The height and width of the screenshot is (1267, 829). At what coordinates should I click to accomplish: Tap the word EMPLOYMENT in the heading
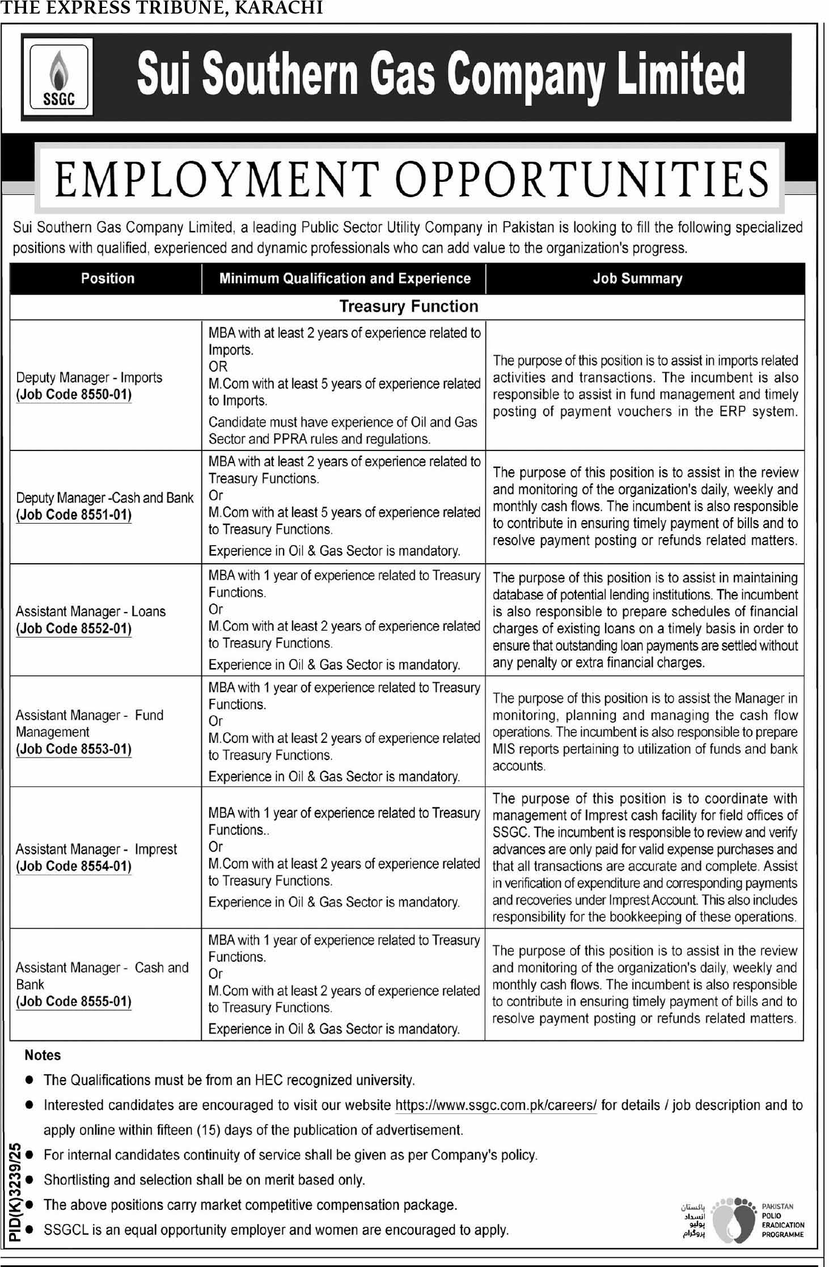(x=215, y=178)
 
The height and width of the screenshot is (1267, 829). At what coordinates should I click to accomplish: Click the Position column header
(x=108, y=278)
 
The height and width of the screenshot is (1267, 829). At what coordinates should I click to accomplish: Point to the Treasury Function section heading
(x=408, y=307)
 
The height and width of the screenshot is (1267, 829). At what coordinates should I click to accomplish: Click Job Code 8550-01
(x=74, y=395)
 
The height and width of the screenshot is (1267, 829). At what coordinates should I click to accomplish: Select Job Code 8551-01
(x=74, y=515)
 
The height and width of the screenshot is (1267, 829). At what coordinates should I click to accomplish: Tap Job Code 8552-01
(x=74, y=628)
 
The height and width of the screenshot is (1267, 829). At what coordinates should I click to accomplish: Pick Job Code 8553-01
(x=74, y=749)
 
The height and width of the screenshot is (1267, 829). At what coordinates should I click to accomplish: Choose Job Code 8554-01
(x=74, y=866)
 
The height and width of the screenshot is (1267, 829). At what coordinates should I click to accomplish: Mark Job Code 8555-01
(x=74, y=1001)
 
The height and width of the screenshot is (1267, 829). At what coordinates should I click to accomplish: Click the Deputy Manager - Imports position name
(x=89, y=378)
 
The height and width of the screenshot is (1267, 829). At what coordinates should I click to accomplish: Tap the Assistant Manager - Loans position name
(x=91, y=611)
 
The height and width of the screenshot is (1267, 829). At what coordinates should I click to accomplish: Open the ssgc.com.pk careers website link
(x=496, y=1105)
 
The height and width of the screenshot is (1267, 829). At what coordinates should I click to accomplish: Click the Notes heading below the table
(x=43, y=1055)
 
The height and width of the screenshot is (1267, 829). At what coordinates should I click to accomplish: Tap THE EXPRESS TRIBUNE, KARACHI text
(x=162, y=8)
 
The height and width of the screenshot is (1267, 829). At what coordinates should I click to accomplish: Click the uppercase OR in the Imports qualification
(x=218, y=367)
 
